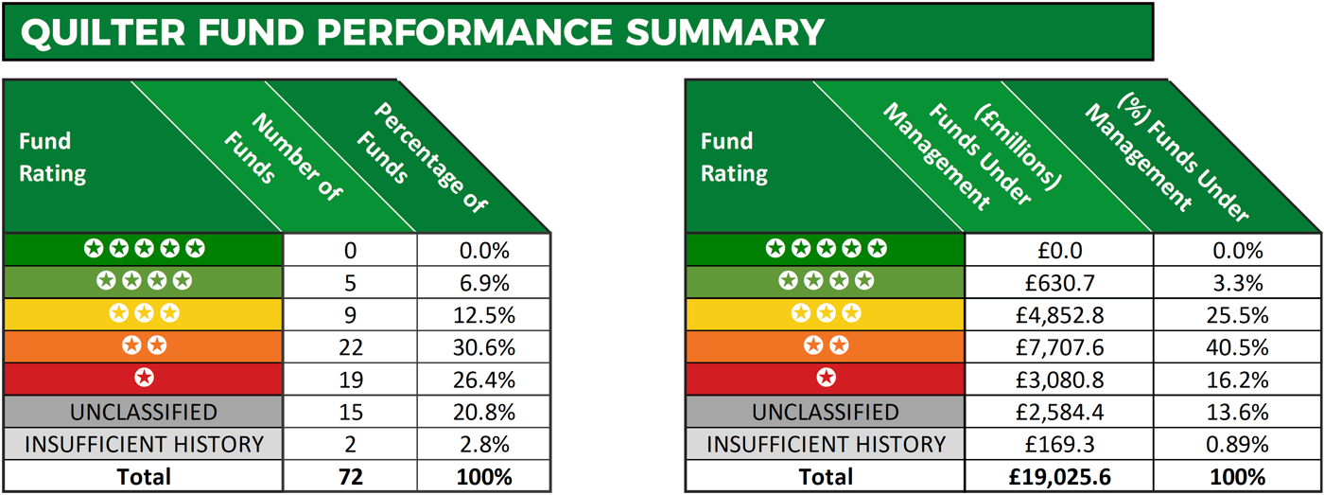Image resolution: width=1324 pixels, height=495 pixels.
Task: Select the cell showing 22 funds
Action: click(350, 347)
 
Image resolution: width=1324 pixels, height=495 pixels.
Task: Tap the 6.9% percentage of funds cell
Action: click(483, 282)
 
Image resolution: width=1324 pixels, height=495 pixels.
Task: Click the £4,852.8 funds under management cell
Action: click(1058, 314)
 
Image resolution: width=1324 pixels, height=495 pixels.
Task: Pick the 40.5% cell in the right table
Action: click(1236, 347)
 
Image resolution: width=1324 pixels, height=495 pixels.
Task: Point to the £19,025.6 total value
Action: click(1058, 476)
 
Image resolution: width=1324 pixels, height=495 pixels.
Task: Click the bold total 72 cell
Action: click(350, 476)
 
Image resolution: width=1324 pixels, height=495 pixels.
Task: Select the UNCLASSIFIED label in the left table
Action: click(144, 413)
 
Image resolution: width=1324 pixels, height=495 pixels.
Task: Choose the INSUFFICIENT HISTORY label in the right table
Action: click(826, 444)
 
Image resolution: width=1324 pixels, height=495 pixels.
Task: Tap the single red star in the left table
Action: click(144, 379)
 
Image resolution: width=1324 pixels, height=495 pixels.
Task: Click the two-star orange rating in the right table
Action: click(826, 346)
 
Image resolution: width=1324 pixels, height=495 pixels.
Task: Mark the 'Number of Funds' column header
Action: click(284, 156)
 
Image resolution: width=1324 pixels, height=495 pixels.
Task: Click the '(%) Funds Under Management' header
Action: click(1168, 156)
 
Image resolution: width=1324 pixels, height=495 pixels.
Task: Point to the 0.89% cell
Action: click(1236, 444)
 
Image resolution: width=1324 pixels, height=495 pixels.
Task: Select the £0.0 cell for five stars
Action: click(1058, 250)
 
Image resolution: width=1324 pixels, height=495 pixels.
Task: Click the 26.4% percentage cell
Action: click(483, 380)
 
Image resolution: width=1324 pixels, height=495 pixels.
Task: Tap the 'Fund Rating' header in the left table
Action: click(52, 157)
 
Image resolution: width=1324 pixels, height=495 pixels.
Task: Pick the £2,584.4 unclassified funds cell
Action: click(1058, 413)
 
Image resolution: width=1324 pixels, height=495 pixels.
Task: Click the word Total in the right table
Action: click(826, 476)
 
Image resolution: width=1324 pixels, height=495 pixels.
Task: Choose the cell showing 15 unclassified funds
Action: click(350, 413)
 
